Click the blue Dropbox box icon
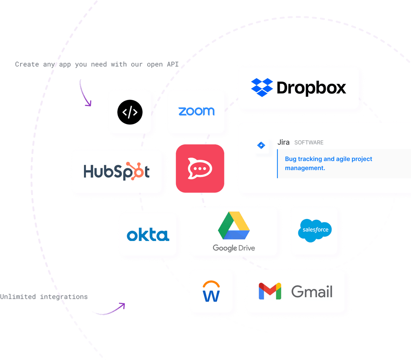pos(262,87)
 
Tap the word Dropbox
pos(311,88)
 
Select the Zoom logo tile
pos(196,111)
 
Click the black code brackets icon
pos(130,112)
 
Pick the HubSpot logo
pos(116,171)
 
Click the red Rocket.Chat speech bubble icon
pos(200,168)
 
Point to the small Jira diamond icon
pos(261,145)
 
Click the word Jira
pos(284,142)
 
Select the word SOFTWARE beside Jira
pos(309,143)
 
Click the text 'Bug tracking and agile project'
pos(328,159)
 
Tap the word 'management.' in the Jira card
pos(305,168)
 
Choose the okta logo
pos(148,235)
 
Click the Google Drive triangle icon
pos(234,226)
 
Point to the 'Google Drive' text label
pos(234,248)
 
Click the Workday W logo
pos(211,292)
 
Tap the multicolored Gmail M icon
pos(270,292)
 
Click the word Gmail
pos(312,292)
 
